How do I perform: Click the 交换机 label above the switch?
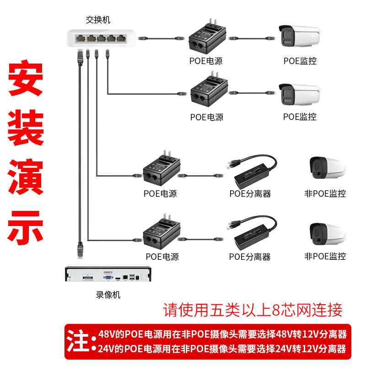[98, 20]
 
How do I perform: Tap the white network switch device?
[102, 37]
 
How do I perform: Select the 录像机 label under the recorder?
[108, 295]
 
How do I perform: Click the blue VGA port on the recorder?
[108, 276]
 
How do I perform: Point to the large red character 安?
[26, 79]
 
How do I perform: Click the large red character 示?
[26, 226]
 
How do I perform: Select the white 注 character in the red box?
[79, 340]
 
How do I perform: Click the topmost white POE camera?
[299, 36]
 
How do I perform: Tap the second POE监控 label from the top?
[300, 117]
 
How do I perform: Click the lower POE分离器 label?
[250, 257]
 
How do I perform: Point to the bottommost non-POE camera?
[327, 234]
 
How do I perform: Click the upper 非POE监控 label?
[325, 194]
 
